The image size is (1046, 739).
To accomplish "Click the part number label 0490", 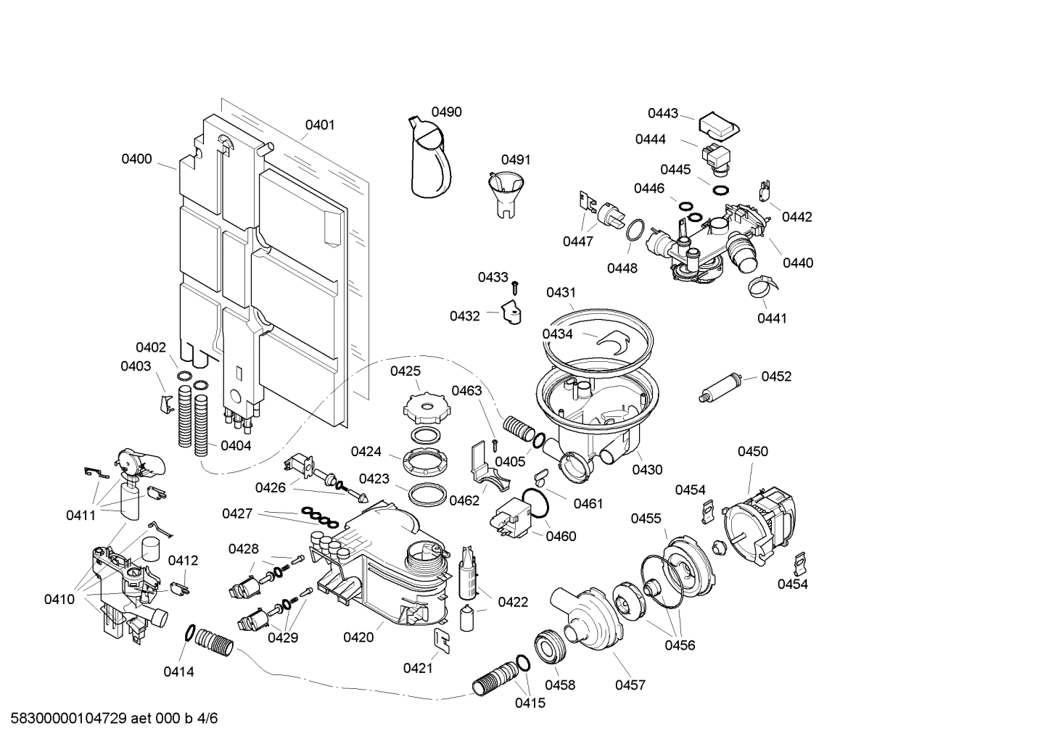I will (446, 112).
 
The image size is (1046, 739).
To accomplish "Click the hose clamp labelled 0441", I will (763, 288).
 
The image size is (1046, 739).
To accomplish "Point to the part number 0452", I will (776, 376).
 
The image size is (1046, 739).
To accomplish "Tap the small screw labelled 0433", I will (515, 288).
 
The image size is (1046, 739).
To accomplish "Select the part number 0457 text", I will (630, 685).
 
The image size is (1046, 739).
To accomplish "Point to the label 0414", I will (178, 672).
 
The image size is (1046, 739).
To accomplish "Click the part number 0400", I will (136, 159).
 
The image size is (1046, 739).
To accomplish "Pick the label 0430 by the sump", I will (647, 469).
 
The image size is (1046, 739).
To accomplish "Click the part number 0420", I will (358, 637).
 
